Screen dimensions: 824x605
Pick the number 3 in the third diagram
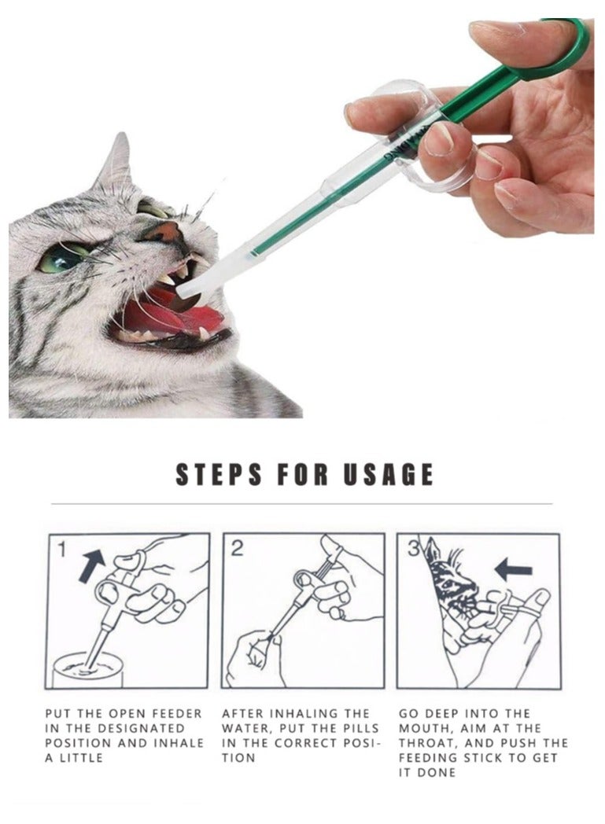(x=410, y=548)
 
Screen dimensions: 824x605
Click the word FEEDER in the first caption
(x=175, y=713)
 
